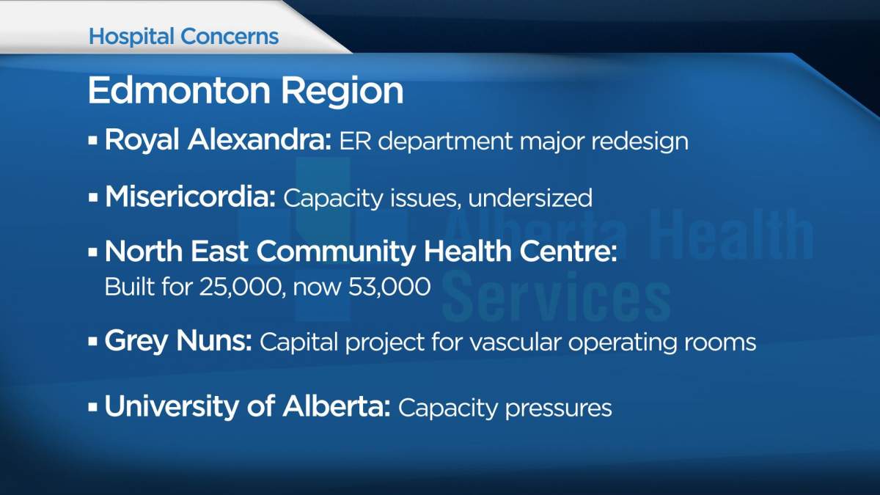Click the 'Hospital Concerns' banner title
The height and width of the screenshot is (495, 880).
(183, 37)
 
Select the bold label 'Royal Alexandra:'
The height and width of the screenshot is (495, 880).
(218, 140)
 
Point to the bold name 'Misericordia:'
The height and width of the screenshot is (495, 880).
(190, 197)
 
